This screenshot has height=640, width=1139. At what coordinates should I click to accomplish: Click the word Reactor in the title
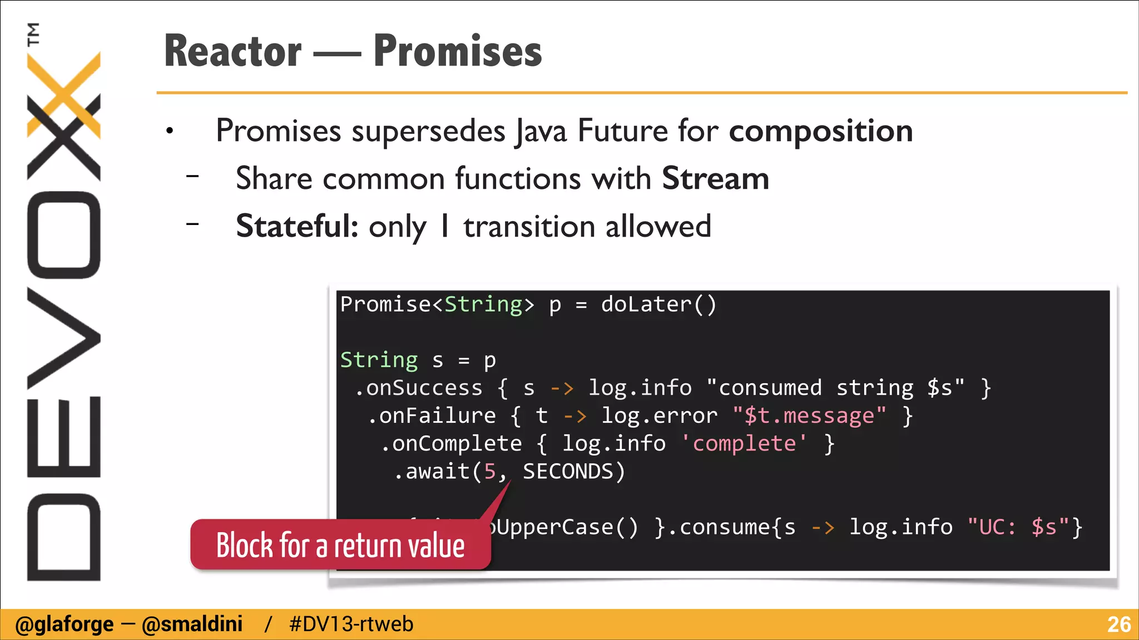232,51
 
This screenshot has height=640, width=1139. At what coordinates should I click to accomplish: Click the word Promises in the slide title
457,51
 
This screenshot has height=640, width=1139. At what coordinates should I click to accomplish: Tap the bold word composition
821,131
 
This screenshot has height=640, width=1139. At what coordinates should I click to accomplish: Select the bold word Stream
715,179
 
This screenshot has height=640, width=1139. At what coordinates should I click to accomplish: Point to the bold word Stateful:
297,227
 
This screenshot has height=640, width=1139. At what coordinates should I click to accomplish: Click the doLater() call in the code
658,304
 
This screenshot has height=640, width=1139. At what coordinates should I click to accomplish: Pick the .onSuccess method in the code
419,388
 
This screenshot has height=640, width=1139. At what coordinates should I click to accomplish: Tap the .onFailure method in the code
432,416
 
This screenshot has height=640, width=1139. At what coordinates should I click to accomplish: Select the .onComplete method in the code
451,443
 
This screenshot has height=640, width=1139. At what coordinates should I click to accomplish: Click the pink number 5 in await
489,471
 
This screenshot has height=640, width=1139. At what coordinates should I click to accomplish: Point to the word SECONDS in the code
568,471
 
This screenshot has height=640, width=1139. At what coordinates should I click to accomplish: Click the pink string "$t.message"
809,416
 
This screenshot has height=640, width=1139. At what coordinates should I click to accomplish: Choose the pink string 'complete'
744,443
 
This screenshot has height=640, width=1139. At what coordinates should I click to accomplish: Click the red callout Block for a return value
340,545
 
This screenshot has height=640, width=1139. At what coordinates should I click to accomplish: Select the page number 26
1118,624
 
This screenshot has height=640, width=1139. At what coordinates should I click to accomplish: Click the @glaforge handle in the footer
65,624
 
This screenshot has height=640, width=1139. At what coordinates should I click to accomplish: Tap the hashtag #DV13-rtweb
351,624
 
